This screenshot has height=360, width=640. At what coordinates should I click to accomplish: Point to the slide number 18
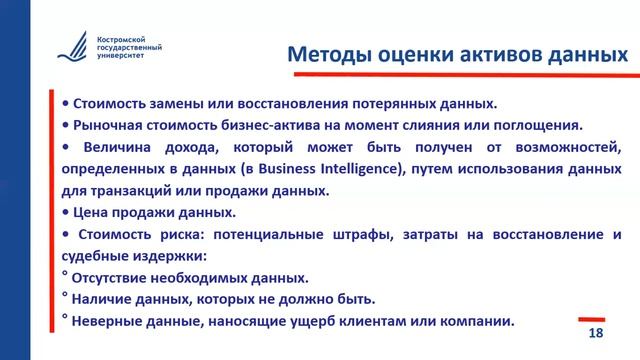pyautogui.click(x=596, y=333)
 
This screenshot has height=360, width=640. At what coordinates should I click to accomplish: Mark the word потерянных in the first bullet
pyautogui.click(x=405, y=103)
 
